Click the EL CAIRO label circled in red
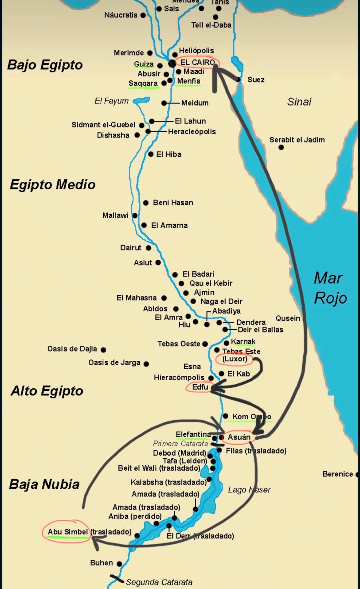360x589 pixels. (x=197, y=62)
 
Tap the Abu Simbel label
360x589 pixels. (x=67, y=532)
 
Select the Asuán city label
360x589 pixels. (x=239, y=437)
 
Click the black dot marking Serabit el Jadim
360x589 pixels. (x=281, y=147)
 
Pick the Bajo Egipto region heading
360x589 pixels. (x=45, y=65)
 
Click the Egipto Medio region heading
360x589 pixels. (x=52, y=184)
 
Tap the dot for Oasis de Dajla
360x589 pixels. (x=103, y=350)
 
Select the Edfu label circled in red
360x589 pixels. (x=200, y=387)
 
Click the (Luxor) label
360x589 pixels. (x=235, y=359)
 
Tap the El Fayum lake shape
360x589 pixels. (x=141, y=100)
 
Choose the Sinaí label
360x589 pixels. (x=299, y=102)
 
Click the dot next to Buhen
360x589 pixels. (x=119, y=564)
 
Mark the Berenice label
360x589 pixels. (x=337, y=474)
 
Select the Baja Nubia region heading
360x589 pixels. (x=44, y=484)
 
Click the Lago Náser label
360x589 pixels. (x=249, y=490)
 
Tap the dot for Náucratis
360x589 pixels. (x=143, y=15)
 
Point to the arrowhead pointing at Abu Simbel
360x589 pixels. (x=96, y=543)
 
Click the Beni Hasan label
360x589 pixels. (x=173, y=203)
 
